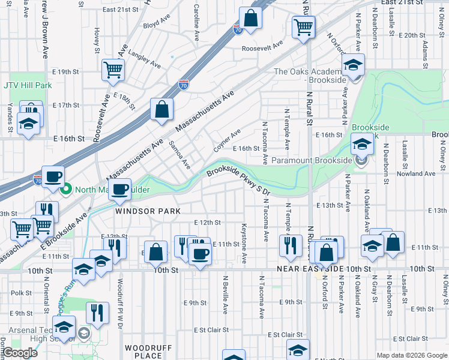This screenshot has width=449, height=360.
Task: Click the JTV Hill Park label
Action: (x=28, y=85)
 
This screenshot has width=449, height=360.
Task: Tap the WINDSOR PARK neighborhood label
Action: (x=139, y=211)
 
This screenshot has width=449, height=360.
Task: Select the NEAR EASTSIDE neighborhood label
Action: (x=310, y=269)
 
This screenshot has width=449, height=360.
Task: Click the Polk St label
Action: (x=21, y=293)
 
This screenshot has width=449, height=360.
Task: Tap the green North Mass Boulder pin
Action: (x=67, y=190)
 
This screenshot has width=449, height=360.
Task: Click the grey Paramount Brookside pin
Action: (x=360, y=160)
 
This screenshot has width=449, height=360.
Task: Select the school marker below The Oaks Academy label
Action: (x=354, y=65)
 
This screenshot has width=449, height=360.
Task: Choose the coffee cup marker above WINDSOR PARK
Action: (x=121, y=190)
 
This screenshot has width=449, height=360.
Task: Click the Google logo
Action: (x=21, y=353)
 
